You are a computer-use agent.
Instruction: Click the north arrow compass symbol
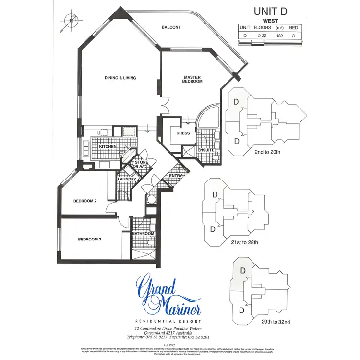click(71, 21)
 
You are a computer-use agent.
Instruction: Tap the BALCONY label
click(171, 27)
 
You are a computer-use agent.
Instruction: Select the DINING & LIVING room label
click(120, 78)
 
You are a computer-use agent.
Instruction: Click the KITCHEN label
click(108, 146)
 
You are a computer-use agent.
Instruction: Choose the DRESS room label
click(183, 133)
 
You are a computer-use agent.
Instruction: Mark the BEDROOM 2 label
click(85, 201)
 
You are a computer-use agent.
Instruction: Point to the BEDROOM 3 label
click(90, 239)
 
